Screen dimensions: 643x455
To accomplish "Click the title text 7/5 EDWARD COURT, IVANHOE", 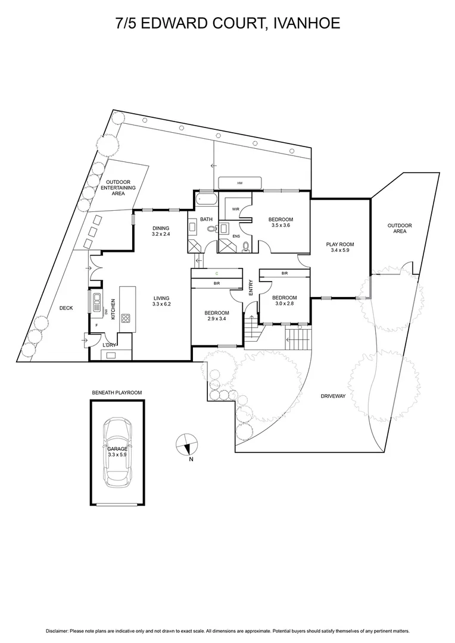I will pyautogui.click(x=227, y=23).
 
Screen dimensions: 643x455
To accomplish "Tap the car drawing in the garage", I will pyautogui.click(x=117, y=452).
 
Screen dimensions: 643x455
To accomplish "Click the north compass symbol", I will pyautogui.click(x=187, y=444).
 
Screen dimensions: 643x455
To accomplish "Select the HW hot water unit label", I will pyautogui.click(x=240, y=183).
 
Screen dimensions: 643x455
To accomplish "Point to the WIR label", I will pyautogui.click(x=235, y=209).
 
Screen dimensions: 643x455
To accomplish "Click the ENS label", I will pyautogui.click(x=236, y=236).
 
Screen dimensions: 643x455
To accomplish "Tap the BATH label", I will pyautogui.click(x=206, y=220).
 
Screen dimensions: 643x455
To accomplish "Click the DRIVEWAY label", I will pyautogui.click(x=333, y=395).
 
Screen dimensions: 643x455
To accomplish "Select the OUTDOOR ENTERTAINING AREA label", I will pyautogui.click(x=118, y=188).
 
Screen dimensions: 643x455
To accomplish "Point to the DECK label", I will pyautogui.click(x=66, y=308).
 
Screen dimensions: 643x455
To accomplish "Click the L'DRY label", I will pyautogui.click(x=110, y=345).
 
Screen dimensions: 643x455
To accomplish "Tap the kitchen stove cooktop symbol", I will pyautogui.click(x=126, y=318).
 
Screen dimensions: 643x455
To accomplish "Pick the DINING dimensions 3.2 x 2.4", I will pyautogui.click(x=161, y=235).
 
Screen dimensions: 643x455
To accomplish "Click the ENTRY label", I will pyautogui.click(x=251, y=288).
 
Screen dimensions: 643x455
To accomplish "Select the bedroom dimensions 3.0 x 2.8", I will pyautogui.click(x=285, y=304).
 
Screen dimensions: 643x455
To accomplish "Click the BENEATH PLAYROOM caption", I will pyautogui.click(x=117, y=393).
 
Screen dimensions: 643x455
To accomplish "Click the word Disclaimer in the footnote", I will pyautogui.click(x=57, y=630).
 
